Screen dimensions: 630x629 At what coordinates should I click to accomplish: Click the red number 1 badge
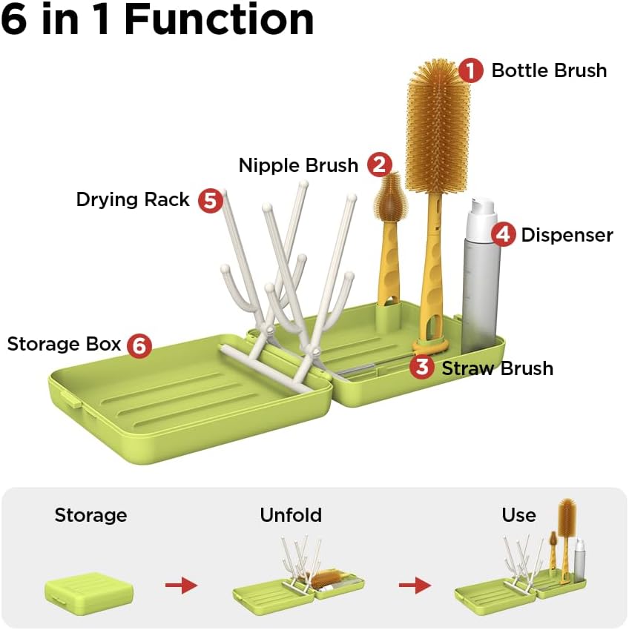coord(470,70)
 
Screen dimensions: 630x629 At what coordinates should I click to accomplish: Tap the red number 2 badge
coord(379,165)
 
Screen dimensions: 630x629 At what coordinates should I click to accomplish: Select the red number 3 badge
coord(422,367)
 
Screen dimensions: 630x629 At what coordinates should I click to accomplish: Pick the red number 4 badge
coord(504,235)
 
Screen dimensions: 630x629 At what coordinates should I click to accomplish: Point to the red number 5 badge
coord(211,200)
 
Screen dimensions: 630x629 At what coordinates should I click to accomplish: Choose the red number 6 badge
coord(139,345)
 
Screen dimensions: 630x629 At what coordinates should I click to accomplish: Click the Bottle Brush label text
coord(549,70)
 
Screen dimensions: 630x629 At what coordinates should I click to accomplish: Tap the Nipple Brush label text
coord(298,165)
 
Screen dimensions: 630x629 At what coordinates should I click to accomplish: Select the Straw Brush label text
coord(497,368)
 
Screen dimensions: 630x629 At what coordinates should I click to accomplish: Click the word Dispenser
coord(567,235)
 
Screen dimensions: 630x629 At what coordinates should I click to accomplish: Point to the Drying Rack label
coord(133,199)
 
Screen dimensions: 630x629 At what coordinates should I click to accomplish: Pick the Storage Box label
coord(64,344)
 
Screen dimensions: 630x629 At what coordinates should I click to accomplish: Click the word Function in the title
coord(219,20)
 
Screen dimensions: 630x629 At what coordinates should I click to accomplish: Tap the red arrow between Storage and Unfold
coord(181,586)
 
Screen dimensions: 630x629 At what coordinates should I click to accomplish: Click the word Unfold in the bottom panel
coord(291,515)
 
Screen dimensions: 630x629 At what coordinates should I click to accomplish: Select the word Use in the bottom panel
coord(518,515)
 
